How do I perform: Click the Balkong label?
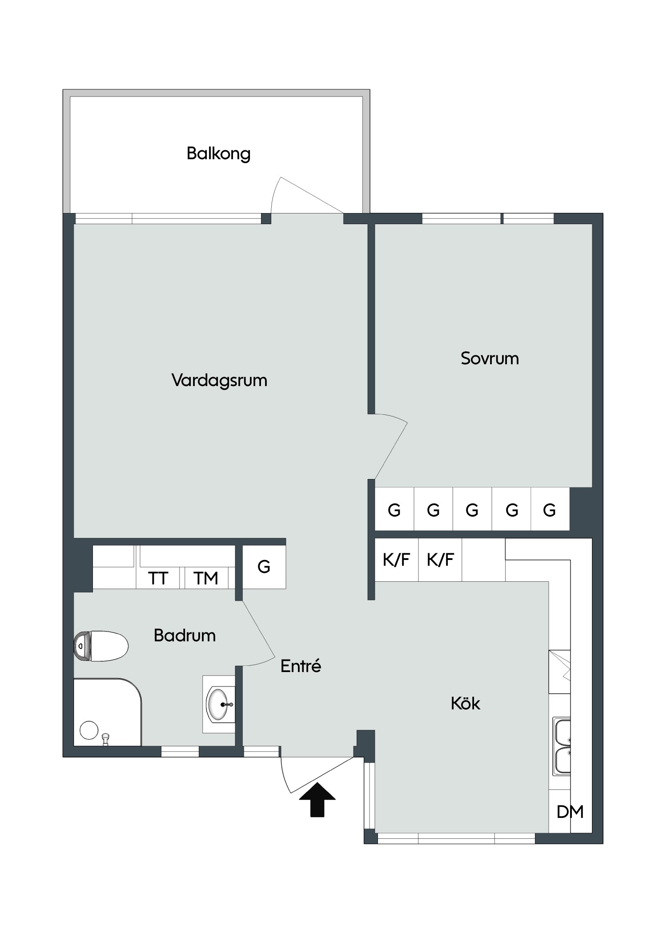point(218,154)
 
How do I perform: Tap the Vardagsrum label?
point(219,380)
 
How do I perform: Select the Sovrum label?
point(490,358)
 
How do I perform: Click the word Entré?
point(301,665)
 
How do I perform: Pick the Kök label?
point(466,703)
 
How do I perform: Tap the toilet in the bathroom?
point(101,646)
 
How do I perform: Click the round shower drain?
point(89,730)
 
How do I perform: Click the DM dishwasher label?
point(570,812)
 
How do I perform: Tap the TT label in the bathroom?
point(158,578)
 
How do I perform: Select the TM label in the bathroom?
point(206,578)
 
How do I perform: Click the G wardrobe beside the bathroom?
point(264,567)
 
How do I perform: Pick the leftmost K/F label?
point(396,560)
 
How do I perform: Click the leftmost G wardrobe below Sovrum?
point(394,510)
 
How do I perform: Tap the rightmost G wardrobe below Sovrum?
point(550,510)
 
